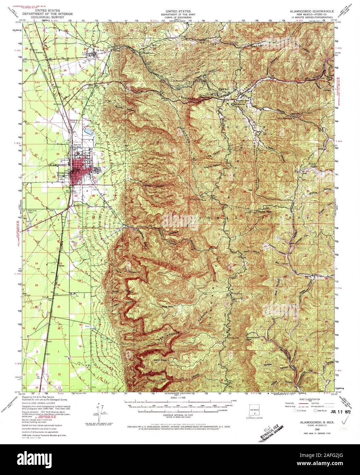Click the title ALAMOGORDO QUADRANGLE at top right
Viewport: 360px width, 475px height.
309,11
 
